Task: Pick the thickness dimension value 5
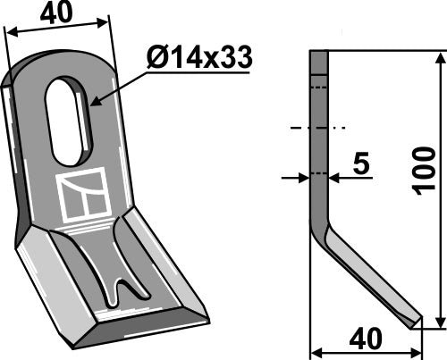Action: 362,164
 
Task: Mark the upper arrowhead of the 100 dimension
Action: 437,58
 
